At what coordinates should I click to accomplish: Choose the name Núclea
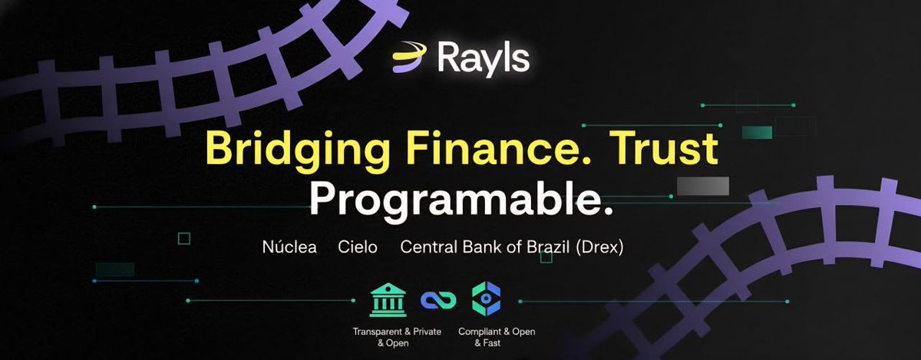click(289, 249)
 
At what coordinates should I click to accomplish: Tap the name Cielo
click(358, 249)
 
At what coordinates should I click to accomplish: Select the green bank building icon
click(388, 299)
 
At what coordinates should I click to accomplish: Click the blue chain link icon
click(438, 300)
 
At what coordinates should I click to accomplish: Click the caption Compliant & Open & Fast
click(497, 337)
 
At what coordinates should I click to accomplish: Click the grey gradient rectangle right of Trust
click(703, 185)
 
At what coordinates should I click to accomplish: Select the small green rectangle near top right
click(757, 132)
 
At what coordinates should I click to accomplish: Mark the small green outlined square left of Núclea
click(183, 239)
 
